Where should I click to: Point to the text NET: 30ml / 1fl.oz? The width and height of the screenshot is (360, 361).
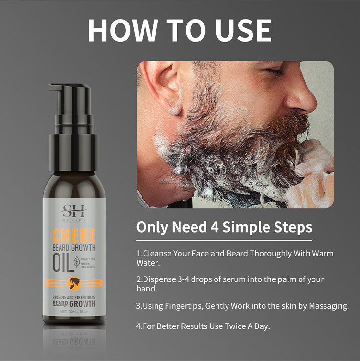click(73, 312)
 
